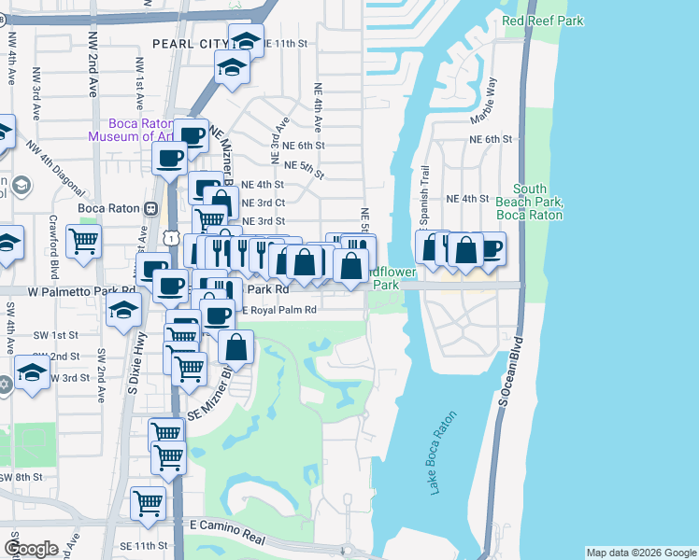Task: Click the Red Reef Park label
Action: pyautogui.click(x=541, y=20)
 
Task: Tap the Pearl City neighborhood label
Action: pyautogui.click(x=188, y=44)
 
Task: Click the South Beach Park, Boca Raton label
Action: pyautogui.click(x=536, y=202)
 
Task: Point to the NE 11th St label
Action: pyautogui.click(x=285, y=44)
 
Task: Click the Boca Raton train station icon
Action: pyautogui.click(x=148, y=207)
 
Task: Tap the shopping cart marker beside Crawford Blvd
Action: pyautogui.click(x=84, y=241)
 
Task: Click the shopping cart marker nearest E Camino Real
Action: pyautogui.click(x=149, y=503)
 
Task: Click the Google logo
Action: pyautogui.click(x=31, y=548)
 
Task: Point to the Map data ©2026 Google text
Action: pyautogui.click(x=640, y=553)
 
